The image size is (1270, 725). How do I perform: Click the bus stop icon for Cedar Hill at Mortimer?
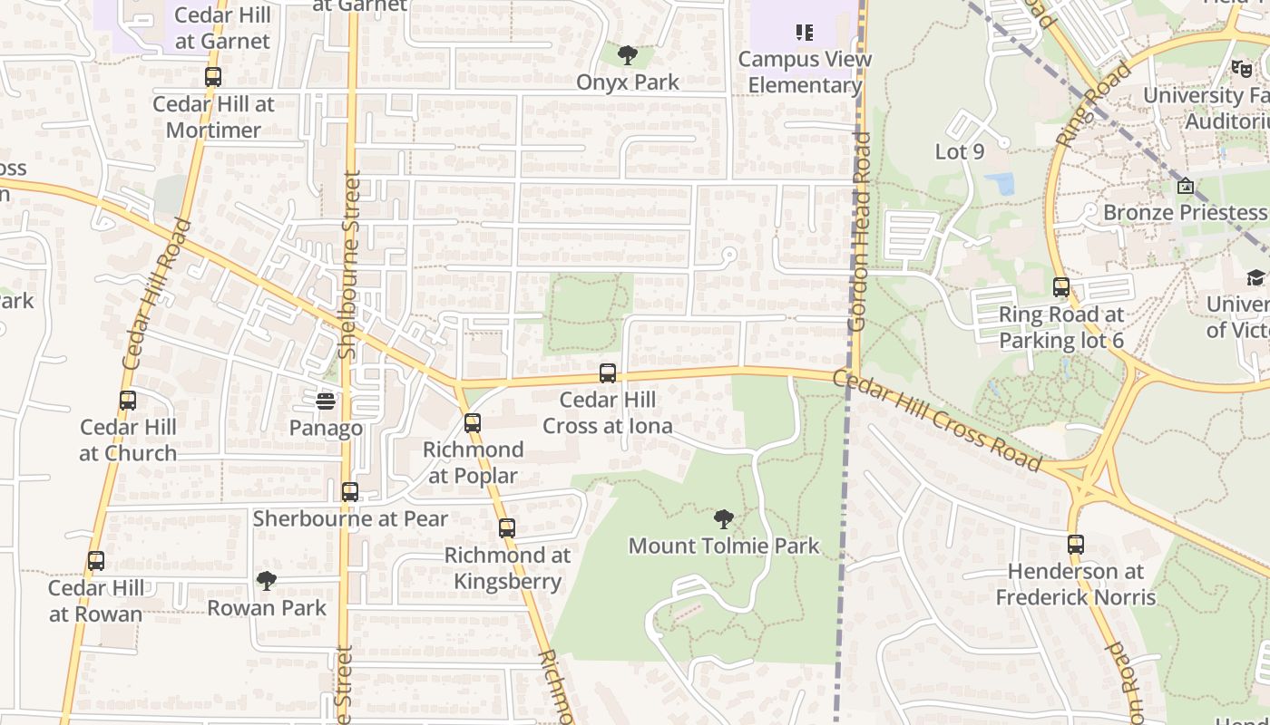point(213,77)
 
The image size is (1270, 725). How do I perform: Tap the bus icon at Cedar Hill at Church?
point(128,400)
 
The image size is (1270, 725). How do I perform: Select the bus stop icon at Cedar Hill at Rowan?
point(96,561)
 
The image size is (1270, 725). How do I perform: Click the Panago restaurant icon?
point(326,400)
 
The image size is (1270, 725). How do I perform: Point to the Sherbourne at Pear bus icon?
point(350,492)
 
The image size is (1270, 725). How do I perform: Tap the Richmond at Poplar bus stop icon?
point(473,422)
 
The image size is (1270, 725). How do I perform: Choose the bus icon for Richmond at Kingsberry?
point(507,527)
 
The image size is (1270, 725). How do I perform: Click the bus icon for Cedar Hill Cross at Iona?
point(608,372)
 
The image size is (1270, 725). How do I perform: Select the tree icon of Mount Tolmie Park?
point(723,519)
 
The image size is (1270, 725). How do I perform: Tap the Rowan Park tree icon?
point(267,580)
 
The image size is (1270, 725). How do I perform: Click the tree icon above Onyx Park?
point(627,55)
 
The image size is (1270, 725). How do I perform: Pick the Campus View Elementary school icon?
point(804,33)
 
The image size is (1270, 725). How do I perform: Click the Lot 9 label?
point(959,151)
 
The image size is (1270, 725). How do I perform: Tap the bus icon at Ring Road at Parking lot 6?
point(1061,287)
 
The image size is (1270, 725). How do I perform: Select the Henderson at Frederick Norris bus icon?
point(1076,545)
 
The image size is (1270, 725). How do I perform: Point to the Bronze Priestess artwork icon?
point(1186,186)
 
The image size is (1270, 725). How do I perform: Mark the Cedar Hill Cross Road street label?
point(938,421)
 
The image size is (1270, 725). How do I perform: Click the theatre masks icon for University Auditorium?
point(1241,68)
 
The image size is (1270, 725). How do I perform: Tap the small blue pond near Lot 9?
point(1000,183)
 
